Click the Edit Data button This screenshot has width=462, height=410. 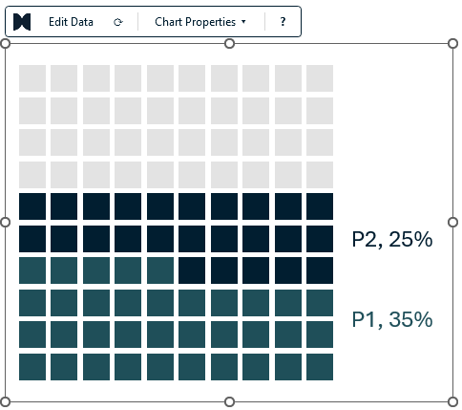coord(71,22)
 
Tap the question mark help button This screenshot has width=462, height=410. coord(283,22)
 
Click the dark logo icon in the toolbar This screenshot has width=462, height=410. coord(22,22)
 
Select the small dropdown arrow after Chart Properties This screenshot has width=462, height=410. coord(243,22)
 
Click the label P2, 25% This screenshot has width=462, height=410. coord(392,239)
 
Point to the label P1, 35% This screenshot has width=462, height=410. coord(392,319)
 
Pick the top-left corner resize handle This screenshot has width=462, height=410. coord(5,44)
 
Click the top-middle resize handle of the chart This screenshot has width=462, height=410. coord(229,44)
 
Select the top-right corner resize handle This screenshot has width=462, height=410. coord(453,44)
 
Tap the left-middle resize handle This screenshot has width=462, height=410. coord(5,223)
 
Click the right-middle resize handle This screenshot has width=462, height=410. coord(453,223)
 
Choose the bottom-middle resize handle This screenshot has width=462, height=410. coord(229,401)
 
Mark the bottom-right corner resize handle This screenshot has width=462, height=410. coord(453,401)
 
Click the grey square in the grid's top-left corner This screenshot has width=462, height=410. coord(32,78)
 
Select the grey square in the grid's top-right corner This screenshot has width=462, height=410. coord(320,78)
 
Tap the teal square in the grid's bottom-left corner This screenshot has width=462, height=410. coord(32,367)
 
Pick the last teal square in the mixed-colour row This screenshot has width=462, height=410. coord(160,270)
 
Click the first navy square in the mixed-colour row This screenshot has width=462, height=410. coord(192,270)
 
